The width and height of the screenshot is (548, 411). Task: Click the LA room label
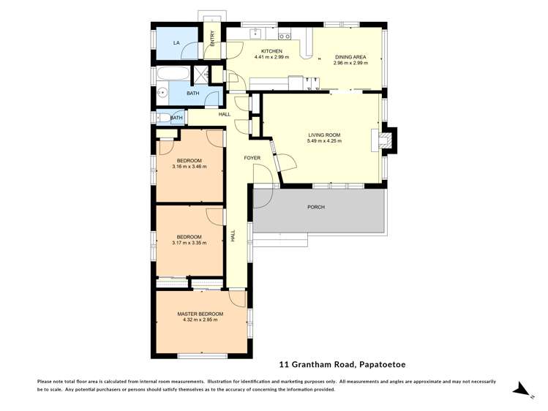tap(176, 43)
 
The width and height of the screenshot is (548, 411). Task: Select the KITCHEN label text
tap(271, 51)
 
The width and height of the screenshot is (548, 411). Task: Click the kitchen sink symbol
tap(256, 33)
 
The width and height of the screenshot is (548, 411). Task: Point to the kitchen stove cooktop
tap(286, 34)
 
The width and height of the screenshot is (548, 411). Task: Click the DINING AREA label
tap(350, 57)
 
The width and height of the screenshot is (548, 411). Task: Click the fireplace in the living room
tap(386, 140)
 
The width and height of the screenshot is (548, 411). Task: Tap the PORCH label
tap(316, 207)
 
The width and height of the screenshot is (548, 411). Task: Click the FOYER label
tap(253, 157)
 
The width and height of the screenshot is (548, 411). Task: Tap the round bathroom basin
tap(161, 93)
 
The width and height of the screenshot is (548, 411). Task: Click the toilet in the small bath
tap(162, 118)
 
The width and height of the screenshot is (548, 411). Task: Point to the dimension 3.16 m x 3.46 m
tap(189, 166)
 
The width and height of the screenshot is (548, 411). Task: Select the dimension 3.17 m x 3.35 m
tap(189, 243)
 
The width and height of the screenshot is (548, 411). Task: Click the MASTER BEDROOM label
tap(200, 314)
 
